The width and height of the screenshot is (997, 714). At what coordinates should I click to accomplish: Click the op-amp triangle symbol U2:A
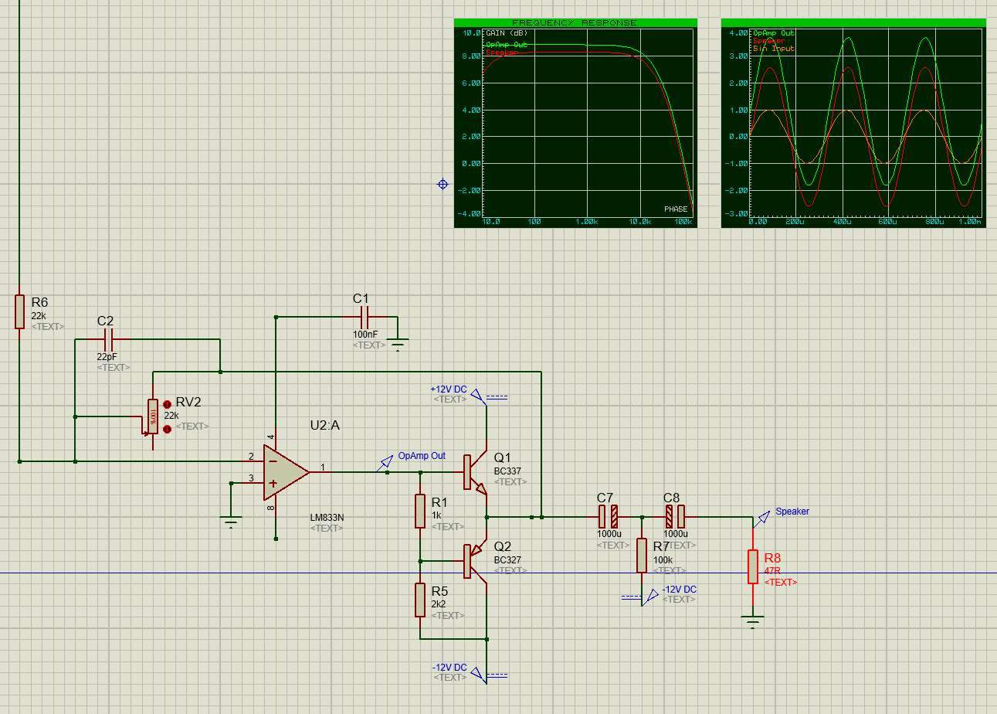tap(285, 471)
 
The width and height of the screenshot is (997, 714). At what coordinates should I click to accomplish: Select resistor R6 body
tap(19, 311)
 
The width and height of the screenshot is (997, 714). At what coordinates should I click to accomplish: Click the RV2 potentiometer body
tap(153, 416)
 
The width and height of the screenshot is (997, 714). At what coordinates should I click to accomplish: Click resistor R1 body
tap(420, 511)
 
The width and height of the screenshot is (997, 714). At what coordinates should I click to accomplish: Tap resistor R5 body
tap(420, 600)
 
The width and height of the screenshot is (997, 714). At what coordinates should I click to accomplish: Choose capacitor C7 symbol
tap(608, 516)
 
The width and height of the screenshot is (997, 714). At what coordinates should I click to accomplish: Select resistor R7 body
tap(642, 556)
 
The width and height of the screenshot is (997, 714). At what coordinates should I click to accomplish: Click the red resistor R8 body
tap(753, 566)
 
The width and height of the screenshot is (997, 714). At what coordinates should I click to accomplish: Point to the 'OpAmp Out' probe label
tap(421, 456)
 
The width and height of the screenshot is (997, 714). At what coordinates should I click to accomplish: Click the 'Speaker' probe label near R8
tap(792, 512)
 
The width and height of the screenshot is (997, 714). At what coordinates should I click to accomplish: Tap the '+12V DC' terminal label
tap(449, 389)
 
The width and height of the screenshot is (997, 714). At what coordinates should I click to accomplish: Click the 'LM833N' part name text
tap(327, 517)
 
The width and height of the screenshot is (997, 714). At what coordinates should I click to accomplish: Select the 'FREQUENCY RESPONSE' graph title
tap(575, 23)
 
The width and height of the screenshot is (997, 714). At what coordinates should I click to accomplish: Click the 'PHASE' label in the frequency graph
tap(675, 209)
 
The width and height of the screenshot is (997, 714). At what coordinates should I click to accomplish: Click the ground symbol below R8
tap(753, 620)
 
